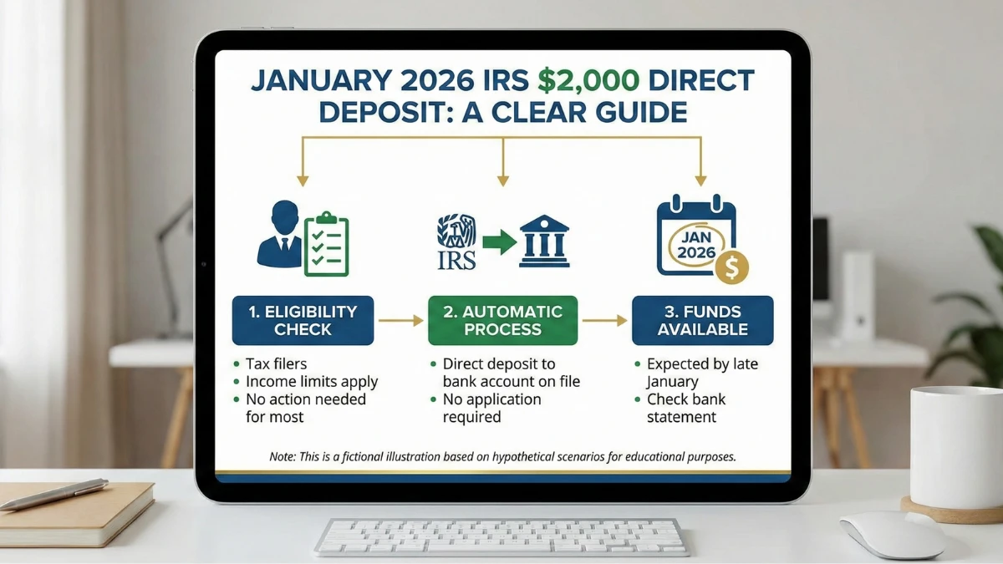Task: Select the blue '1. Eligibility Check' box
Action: (x=303, y=320)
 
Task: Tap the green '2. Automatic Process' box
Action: (x=502, y=320)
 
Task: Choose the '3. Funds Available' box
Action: (x=702, y=320)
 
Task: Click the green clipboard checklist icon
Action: (x=327, y=246)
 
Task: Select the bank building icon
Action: (x=544, y=241)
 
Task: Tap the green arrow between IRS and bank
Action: (x=499, y=243)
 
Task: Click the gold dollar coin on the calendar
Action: (x=731, y=268)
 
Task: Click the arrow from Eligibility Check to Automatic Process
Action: (x=400, y=320)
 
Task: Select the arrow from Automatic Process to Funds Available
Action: (x=604, y=320)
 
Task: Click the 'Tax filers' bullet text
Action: (x=276, y=363)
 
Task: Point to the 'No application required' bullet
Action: (x=491, y=408)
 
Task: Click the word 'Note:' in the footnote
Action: (x=283, y=457)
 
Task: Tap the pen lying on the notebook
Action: (x=54, y=494)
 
